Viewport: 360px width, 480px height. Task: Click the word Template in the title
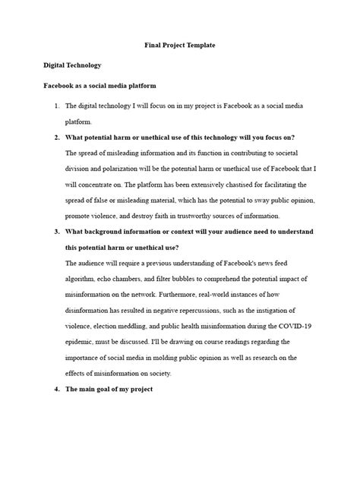pos(199,46)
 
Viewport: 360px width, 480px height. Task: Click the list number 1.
pos(56,106)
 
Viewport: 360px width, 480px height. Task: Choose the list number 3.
pos(56,231)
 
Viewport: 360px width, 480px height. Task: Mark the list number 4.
pos(56,389)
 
